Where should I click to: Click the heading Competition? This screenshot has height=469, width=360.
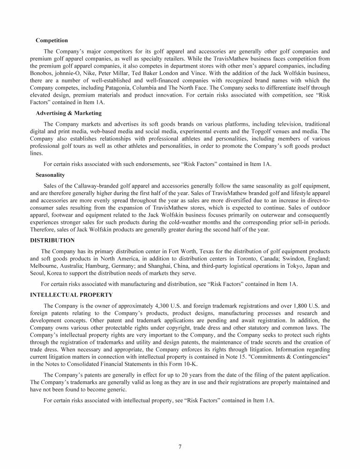[x=52, y=40]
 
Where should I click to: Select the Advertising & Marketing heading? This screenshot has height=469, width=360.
[x=68, y=113]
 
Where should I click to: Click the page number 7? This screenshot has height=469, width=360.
[x=180, y=446]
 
